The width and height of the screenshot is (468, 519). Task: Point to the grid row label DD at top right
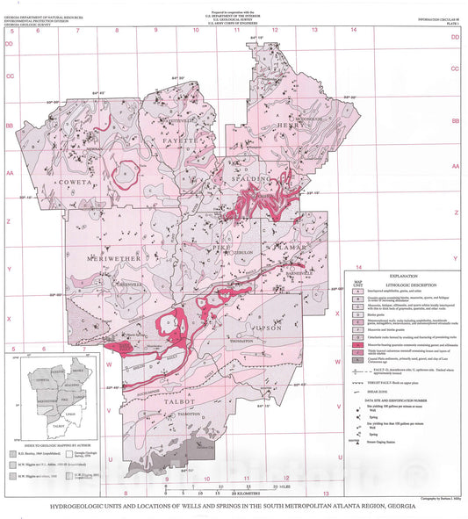point(454,38)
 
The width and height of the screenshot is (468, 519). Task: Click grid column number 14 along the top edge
point(353,31)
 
